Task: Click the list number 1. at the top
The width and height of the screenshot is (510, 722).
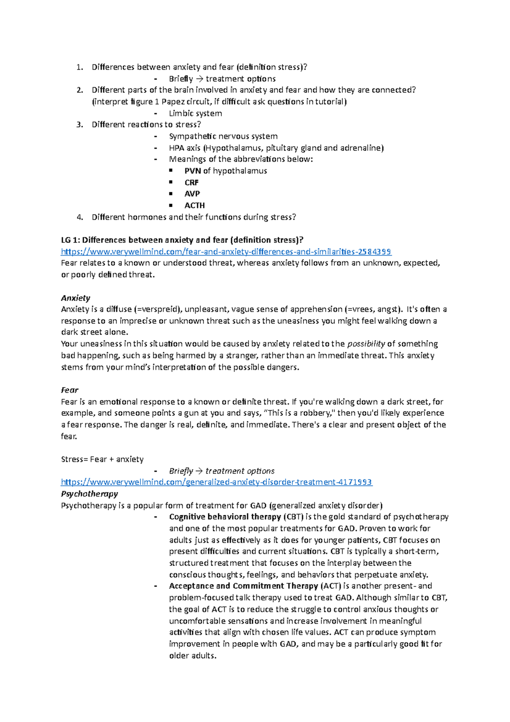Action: tap(79, 67)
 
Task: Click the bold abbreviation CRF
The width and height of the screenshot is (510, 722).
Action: tap(191, 182)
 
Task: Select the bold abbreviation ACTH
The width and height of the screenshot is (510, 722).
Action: tap(195, 205)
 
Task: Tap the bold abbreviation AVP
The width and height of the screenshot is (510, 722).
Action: tap(192, 194)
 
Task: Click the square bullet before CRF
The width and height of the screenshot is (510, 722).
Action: tap(171, 182)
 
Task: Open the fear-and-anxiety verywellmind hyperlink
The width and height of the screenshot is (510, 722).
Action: tap(226, 252)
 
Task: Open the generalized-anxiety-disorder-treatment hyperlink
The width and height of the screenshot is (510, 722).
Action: tap(216, 482)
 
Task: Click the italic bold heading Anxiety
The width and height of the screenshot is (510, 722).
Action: tap(76, 298)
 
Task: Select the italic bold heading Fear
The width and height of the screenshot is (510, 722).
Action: tap(70, 390)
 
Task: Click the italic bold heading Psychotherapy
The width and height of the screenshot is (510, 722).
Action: tap(89, 494)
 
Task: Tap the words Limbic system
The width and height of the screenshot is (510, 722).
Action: tap(195, 114)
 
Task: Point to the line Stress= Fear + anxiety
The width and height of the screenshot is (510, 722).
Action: tap(102, 459)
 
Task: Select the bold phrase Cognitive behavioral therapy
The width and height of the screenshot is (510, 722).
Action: tap(225, 517)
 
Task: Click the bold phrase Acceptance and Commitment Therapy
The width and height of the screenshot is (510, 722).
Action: tap(244, 586)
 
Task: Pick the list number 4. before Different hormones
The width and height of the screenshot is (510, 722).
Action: tap(79, 217)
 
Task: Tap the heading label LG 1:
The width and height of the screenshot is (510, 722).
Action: tap(71, 240)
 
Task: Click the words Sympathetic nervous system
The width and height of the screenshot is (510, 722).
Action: tap(223, 136)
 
